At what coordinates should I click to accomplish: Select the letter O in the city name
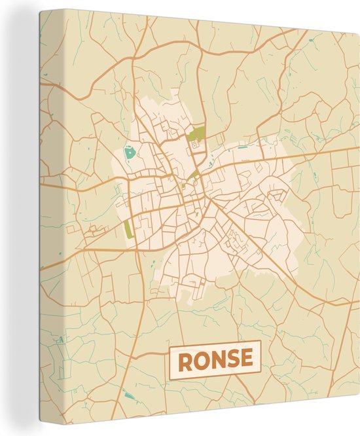pyautogui.click(x=200, y=360)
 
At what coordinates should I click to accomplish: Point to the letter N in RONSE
pyautogui.click(x=216, y=360)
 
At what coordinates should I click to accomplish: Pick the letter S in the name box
pyautogui.click(x=231, y=360)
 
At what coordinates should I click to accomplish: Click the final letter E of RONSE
pyautogui.click(x=245, y=360)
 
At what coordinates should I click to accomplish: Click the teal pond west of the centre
pyautogui.click(x=129, y=154)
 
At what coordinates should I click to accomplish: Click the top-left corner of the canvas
pyautogui.click(x=39, y=10)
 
